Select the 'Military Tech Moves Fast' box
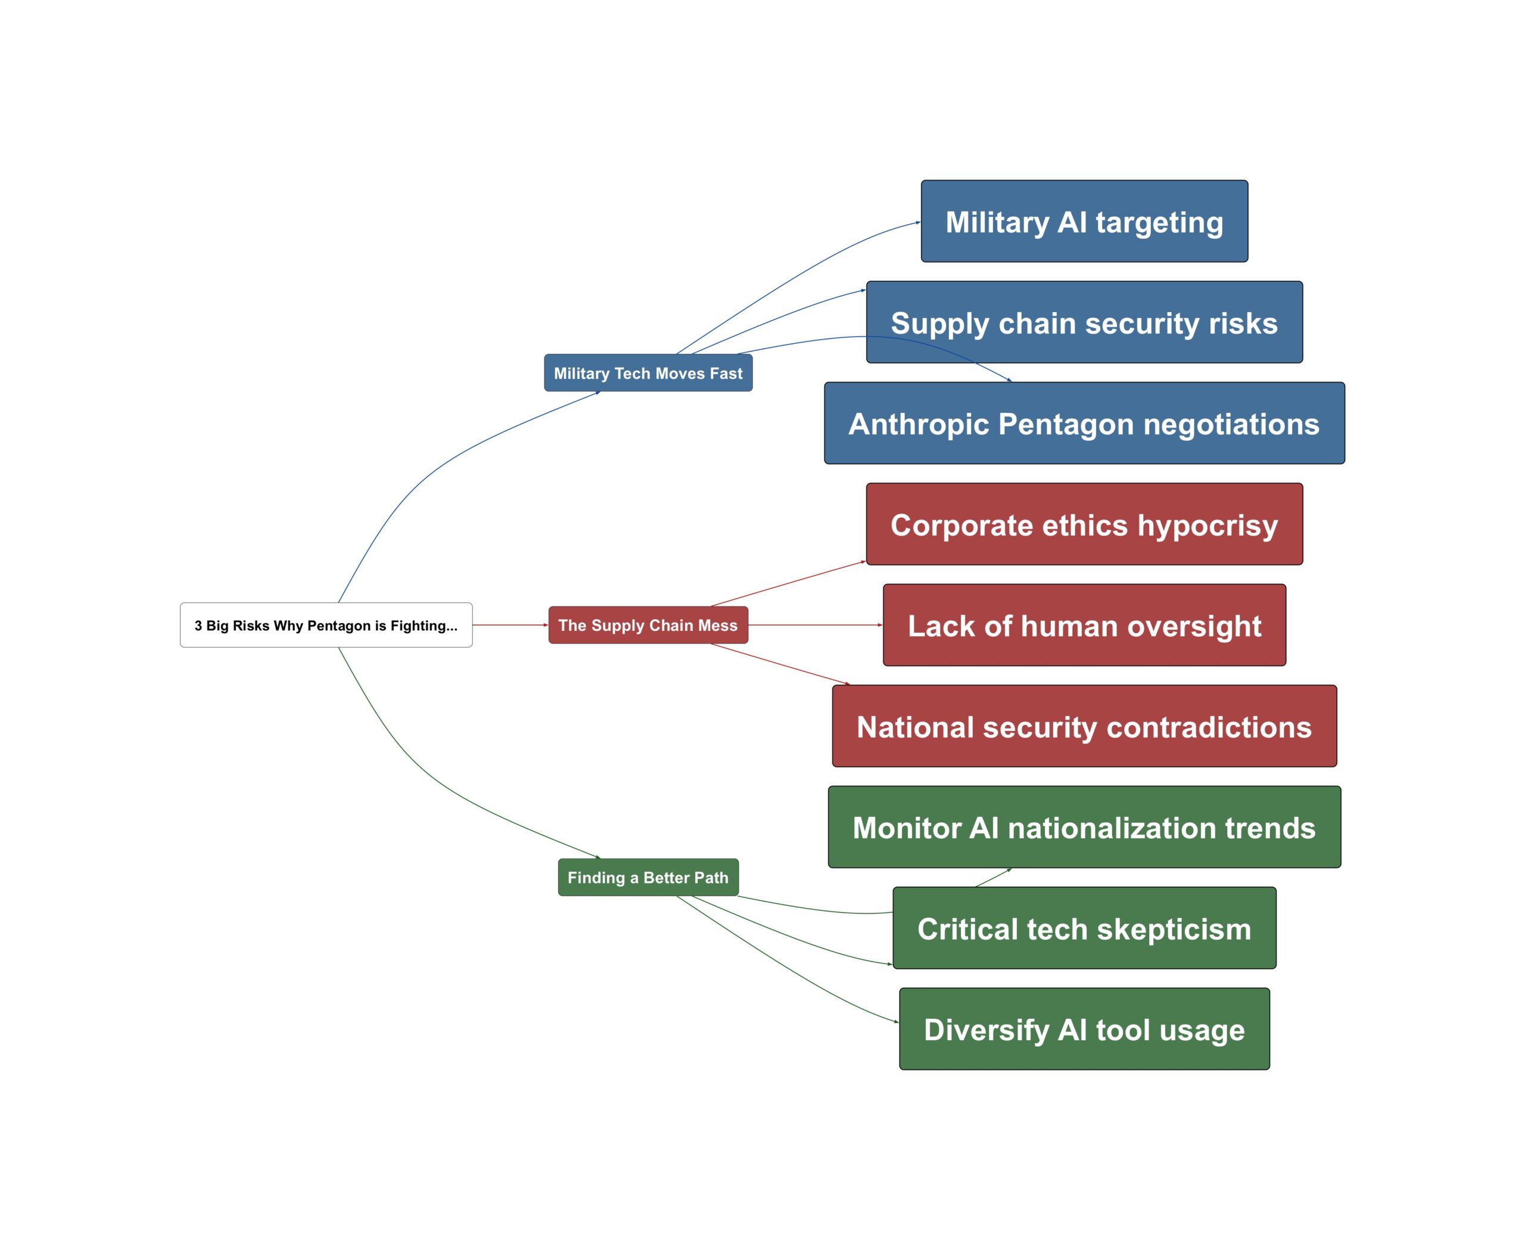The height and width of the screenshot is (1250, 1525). [x=648, y=373]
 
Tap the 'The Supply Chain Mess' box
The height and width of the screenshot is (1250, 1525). [x=648, y=625]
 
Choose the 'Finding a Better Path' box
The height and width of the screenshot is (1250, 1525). [x=648, y=877]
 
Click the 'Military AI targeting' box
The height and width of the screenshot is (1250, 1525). [x=1084, y=221]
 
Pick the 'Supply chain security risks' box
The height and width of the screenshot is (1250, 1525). [x=1084, y=322]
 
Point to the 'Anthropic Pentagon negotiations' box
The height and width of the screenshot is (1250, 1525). [x=1084, y=424]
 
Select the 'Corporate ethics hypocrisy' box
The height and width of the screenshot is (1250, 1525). [x=1084, y=524]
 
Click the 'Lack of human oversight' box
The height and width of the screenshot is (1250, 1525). [x=1084, y=625]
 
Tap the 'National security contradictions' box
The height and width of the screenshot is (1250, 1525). [x=1084, y=726]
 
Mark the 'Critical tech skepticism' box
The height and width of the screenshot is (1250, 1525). [x=1084, y=928]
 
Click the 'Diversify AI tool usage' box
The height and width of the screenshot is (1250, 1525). [x=1084, y=1029]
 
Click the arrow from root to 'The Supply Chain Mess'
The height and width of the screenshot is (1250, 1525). [x=510, y=625]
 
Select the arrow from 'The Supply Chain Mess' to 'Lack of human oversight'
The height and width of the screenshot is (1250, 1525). [x=814, y=625]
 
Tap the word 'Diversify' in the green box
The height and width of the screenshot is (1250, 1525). [x=986, y=1030]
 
